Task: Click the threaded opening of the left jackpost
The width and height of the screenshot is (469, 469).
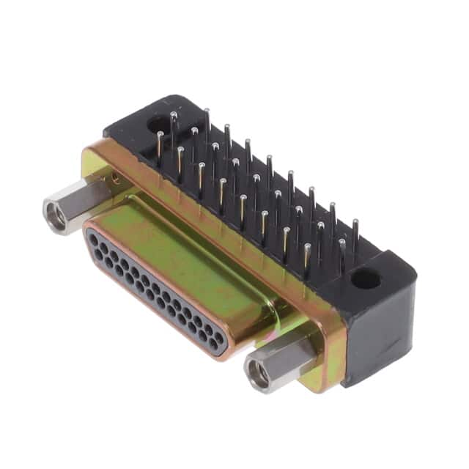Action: coord(55,215)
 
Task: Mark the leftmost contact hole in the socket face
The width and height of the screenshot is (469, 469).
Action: coord(93,236)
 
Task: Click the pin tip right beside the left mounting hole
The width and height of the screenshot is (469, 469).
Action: coord(174,115)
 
